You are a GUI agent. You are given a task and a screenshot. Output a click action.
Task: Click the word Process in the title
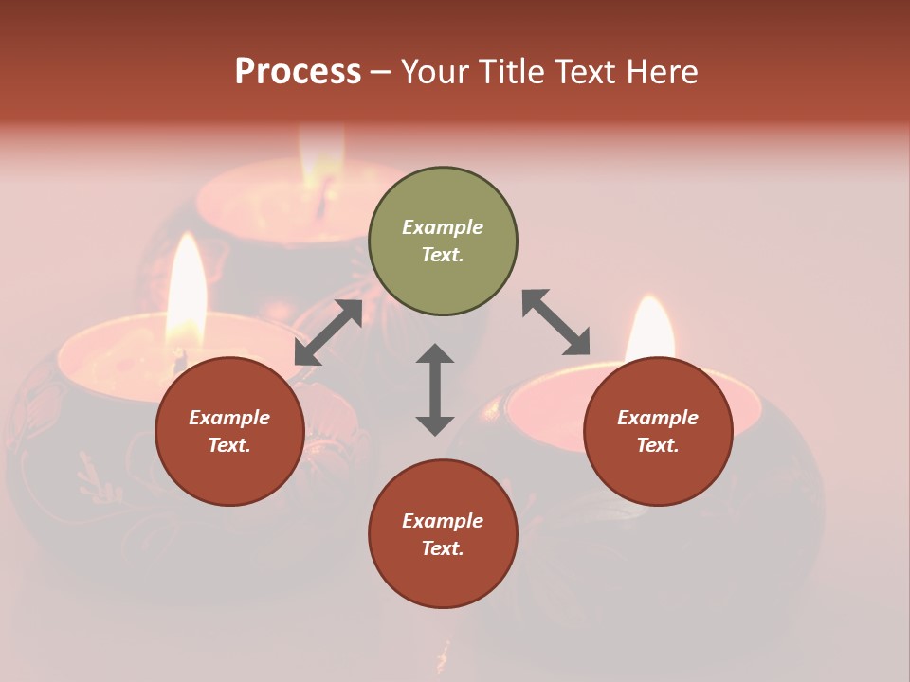click(298, 72)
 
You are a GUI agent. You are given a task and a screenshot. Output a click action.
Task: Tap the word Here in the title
click(661, 72)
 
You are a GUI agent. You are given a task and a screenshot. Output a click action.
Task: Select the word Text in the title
click(584, 72)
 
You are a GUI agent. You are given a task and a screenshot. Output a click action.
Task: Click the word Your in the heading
click(435, 72)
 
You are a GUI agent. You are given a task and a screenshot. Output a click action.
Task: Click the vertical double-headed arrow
click(435, 389)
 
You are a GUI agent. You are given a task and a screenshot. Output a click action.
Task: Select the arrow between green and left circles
click(329, 332)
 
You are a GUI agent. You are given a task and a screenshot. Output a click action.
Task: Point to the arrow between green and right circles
click(555, 322)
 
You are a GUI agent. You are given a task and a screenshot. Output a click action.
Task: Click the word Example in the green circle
click(443, 227)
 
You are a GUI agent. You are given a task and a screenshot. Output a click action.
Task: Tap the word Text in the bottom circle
click(443, 548)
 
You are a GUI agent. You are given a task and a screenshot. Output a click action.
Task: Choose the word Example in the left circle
click(229, 418)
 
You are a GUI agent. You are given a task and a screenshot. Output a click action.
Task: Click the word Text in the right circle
click(658, 445)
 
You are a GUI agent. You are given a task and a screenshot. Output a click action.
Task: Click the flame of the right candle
click(649, 327)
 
